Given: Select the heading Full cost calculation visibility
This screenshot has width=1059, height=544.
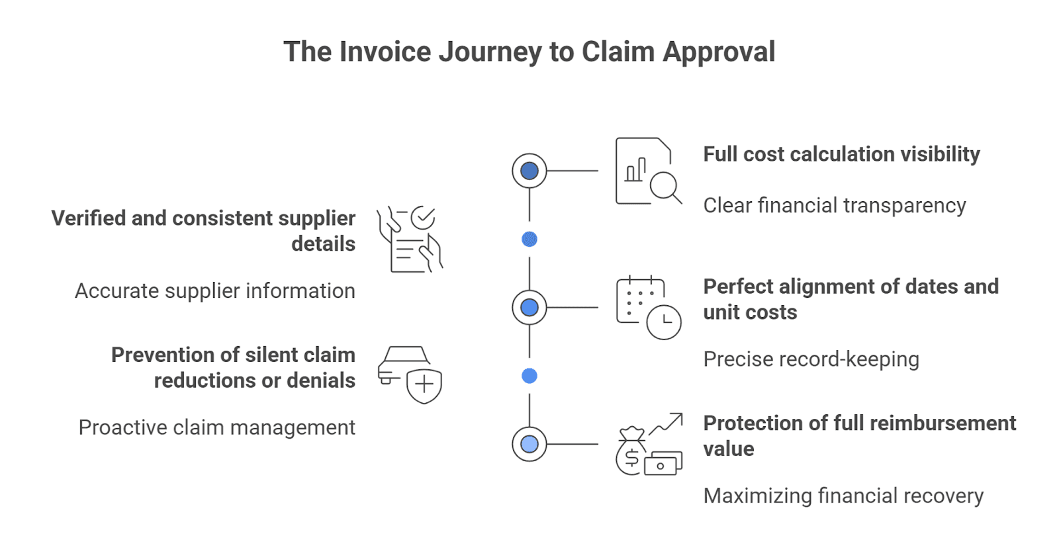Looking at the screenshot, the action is click(x=841, y=155).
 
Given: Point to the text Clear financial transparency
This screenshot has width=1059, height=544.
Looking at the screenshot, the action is click(x=835, y=206).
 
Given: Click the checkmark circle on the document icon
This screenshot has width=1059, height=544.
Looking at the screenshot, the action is click(x=423, y=218).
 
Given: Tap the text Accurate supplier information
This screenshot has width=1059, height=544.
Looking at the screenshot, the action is click(x=215, y=291).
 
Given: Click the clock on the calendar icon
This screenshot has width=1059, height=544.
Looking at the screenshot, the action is click(x=664, y=322).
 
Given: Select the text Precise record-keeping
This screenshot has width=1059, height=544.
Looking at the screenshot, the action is click(x=811, y=359).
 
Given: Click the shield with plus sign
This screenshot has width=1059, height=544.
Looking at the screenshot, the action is click(x=424, y=386).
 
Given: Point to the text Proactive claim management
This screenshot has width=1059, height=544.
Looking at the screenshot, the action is click(x=217, y=428).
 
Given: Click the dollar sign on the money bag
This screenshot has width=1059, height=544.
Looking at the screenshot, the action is click(x=631, y=457).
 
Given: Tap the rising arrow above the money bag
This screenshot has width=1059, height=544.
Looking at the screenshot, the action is click(x=666, y=424).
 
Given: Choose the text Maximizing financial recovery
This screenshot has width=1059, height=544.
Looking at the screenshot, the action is click(x=843, y=496).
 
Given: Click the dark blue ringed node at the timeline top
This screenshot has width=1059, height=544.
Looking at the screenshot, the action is click(x=529, y=171).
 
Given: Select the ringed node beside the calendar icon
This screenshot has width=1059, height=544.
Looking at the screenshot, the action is click(x=529, y=307).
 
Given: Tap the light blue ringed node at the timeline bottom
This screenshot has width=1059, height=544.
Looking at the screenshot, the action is click(x=529, y=444).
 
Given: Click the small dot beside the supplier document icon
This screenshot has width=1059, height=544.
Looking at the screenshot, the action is click(x=529, y=239).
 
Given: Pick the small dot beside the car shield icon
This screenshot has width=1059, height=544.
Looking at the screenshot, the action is click(x=529, y=376).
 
